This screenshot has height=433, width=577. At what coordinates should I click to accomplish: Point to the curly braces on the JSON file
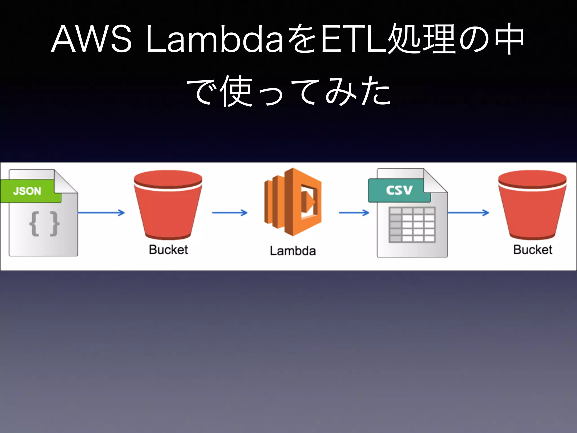(44, 224)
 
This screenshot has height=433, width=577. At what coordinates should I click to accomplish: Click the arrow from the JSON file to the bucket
(101, 213)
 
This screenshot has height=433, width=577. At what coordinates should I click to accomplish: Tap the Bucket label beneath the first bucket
(168, 250)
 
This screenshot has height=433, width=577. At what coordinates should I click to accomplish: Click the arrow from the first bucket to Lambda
(230, 213)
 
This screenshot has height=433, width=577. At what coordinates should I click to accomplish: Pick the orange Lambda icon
(293, 202)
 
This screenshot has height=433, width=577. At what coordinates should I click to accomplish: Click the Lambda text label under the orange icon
(293, 251)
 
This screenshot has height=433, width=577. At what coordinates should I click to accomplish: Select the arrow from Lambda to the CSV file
(354, 213)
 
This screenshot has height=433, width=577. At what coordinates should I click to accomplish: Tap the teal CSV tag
(399, 190)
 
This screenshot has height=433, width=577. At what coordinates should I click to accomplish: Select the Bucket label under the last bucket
(532, 250)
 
